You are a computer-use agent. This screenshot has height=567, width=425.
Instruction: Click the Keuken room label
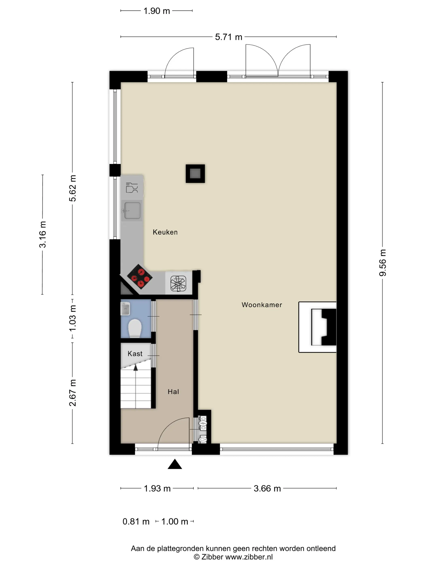165,232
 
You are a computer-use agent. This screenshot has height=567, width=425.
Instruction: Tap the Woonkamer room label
261,305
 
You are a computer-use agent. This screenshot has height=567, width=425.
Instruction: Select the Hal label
173,392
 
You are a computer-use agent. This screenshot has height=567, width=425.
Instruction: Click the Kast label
135,354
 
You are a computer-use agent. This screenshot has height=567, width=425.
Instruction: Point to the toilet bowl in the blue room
135,328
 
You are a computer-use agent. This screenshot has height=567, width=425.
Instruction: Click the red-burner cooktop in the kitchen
140,277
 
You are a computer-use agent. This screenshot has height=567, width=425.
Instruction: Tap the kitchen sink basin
132,210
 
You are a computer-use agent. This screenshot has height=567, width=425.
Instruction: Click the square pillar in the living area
195,174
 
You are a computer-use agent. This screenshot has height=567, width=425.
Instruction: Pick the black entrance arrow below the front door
175,464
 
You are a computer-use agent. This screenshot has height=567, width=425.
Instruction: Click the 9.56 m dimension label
382,262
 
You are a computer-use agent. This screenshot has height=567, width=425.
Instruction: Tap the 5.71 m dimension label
228,37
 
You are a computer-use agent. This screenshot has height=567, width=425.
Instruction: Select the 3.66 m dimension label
267,489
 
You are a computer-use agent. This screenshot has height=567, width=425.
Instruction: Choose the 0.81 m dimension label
136,522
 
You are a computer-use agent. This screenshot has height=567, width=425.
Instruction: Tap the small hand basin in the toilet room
125,309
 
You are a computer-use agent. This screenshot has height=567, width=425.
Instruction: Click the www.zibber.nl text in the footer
249,557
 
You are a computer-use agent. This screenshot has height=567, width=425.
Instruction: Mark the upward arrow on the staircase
136,368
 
